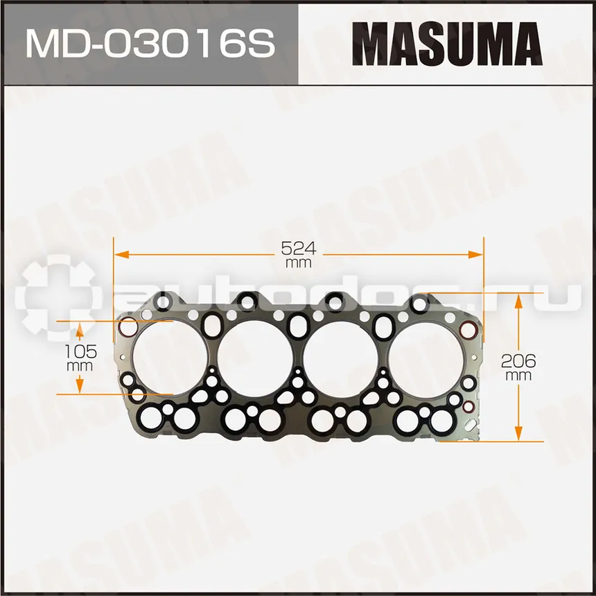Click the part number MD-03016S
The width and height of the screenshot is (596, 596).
coord(150,44)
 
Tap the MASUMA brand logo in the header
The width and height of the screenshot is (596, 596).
coord(447,44)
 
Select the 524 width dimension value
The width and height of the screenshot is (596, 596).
coord(299,249)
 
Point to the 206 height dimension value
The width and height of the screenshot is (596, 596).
coord(518,360)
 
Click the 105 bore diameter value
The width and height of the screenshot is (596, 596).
coord(80,351)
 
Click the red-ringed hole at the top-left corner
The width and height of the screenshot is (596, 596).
coord(128,327)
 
